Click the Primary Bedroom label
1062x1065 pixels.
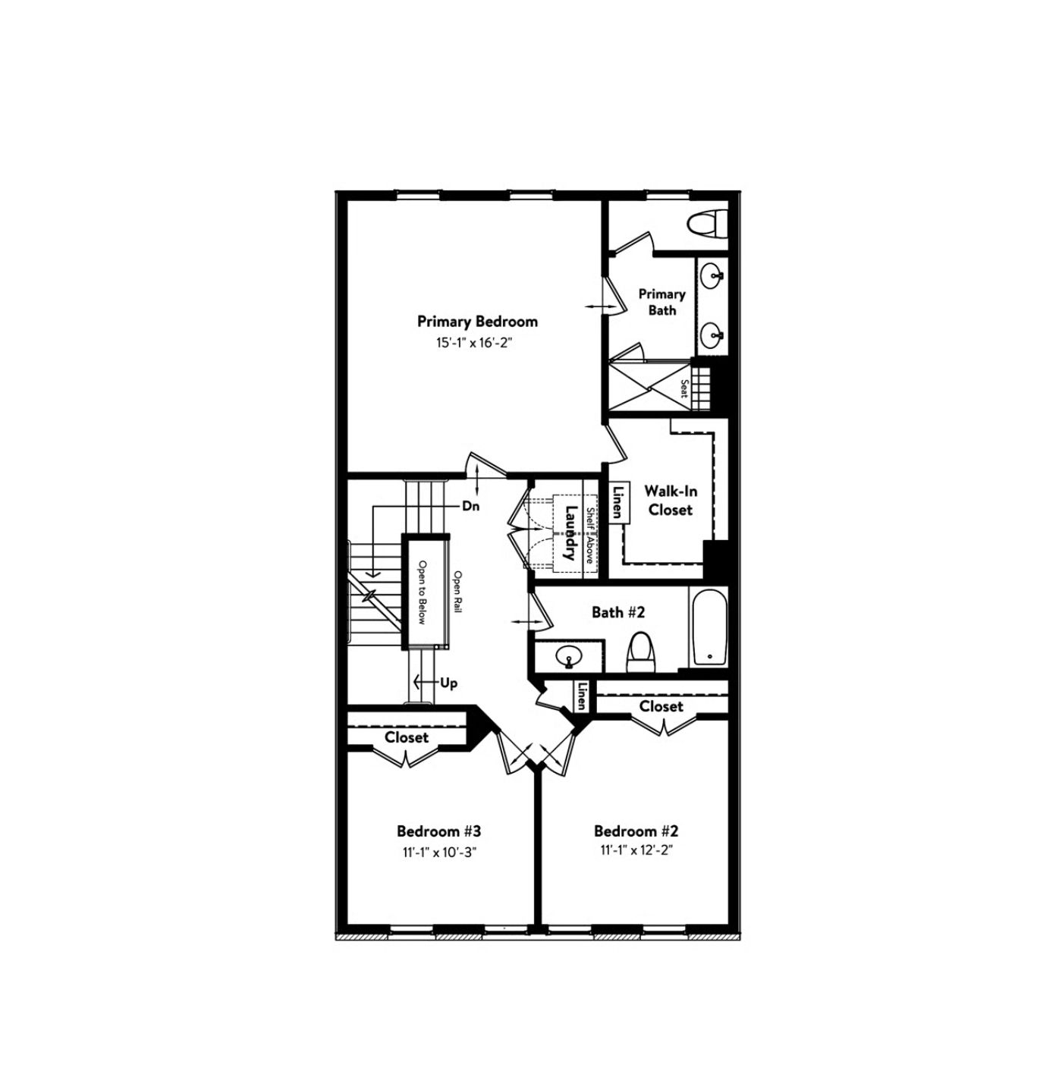[x=477, y=322]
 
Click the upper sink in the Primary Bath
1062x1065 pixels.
[x=712, y=275]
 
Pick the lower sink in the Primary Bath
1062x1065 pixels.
[x=712, y=333]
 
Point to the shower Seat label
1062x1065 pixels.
[x=683, y=388]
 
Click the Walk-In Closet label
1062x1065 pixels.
[x=671, y=501]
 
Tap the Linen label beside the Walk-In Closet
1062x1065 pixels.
[x=618, y=502]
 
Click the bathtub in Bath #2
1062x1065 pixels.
[x=709, y=627]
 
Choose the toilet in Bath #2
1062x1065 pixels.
[x=641, y=652]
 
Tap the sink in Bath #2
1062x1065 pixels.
[x=568, y=656]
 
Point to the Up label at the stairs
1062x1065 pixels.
[x=449, y=683]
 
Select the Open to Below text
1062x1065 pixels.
[x=423, y=592]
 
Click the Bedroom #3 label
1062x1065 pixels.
[x=439, y=831]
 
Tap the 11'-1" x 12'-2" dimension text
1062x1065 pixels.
[x=636, y=851]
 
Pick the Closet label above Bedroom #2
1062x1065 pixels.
[x=661, y=706]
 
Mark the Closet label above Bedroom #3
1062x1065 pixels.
[x=407, y=737]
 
